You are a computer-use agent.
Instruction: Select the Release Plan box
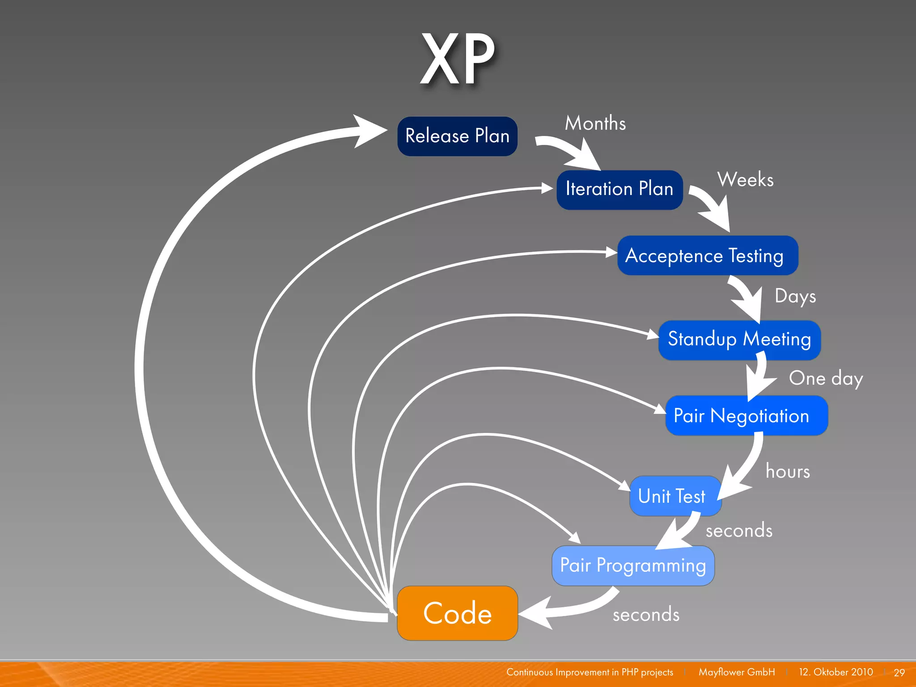pyautogui.click(x=457, y=136)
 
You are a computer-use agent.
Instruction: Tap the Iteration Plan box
pyautogui.click(x=619, y=189)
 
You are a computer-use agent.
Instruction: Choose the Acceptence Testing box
pyautogui.click(x=707, y=255)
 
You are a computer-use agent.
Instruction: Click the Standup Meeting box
pyautogui.click(x=739, y=339)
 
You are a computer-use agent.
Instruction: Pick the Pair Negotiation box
pyautogui.click(x=746, y=416)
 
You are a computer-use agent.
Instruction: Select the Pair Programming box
pyautogui.click(x=633, y=565)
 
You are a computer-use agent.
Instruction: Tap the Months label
pyautogui.click(x=595, y=123)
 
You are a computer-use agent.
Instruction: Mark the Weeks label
pyautogui.click(x=745, y=180)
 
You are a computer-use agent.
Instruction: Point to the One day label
pyautogui.click(x=826, y=379)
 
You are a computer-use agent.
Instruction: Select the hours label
pyautogui.click(x=788, y=471)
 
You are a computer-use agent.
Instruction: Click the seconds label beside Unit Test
pyautogui.click(x=739, y=530)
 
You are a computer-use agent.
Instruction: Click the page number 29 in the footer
pyautogui.click(x=899, y=672)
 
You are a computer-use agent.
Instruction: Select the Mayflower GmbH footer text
pyautogui.click(x=737, y=672)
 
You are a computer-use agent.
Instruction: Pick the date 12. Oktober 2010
pyautogui.click(x=835, y=672)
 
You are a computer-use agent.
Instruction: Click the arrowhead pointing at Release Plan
pyautogui.click(x=369, y=131)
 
